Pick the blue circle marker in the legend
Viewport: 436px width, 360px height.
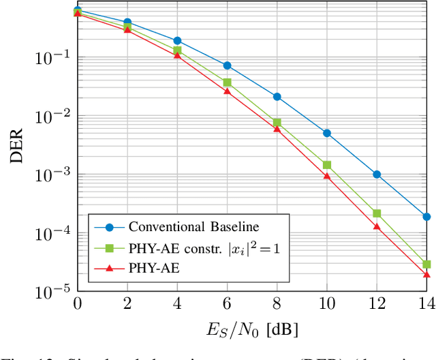[109, 226]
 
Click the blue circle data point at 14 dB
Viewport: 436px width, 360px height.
[426, 217]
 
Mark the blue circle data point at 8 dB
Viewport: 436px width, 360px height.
[277, 97]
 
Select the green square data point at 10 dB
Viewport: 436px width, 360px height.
[327, 165]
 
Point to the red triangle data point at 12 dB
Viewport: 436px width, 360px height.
[377, 226]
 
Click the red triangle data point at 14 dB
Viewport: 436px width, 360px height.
[426, 274]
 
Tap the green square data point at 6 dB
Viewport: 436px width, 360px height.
[227, 82]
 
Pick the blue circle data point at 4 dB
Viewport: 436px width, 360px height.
[177, 41]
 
